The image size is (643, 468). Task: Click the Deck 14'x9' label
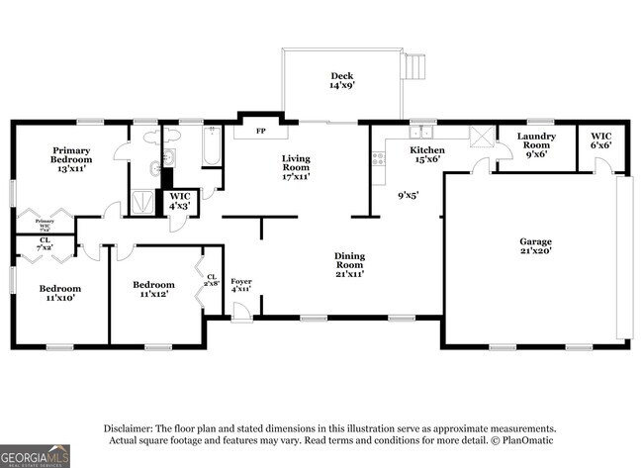[342, 81]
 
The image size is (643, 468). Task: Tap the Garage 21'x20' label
[535, 246]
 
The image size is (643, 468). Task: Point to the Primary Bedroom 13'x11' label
[72, 159]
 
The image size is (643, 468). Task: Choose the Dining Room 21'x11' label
[348, 265]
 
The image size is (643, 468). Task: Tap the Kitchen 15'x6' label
[427, 155]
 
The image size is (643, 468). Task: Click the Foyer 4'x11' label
[241, 287]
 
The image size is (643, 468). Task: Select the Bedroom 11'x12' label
[154, 290]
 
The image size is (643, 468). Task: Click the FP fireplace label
[261, 132]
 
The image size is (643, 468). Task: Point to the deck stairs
[415, 67]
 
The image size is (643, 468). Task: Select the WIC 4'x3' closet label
[179, 202]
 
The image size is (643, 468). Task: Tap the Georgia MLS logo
[36, 456]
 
